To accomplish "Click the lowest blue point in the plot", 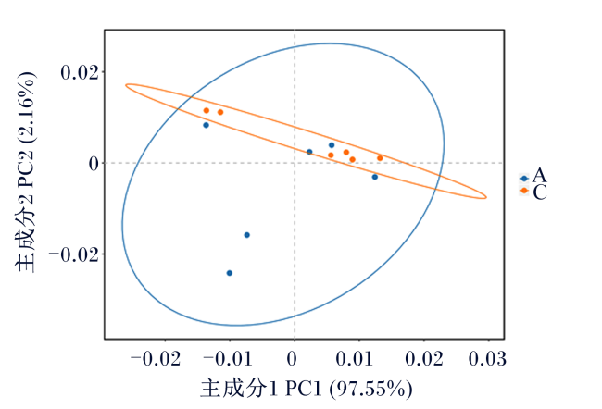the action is (x=230, y=273).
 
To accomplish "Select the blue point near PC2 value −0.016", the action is (x=247, y=235).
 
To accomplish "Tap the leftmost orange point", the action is (x=207, y=110).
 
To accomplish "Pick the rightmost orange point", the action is (x=380, y=158).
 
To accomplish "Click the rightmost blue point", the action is (x=375, y=177).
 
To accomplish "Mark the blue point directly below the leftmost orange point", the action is (x=207, y=125).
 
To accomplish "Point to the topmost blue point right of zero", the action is (x=332, y=145).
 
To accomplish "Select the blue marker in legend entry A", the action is (x=524, y=179).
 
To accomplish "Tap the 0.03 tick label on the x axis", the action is (x=487, y=359).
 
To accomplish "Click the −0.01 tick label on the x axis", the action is (x=227, y=359).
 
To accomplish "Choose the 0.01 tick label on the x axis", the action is (x=355, y=359).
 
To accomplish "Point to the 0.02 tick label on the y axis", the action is (x=80, y=72).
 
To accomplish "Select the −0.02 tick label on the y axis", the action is (x=73, y=254).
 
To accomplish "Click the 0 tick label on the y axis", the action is (x=94, y=164).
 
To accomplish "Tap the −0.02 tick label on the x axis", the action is (x=156, y=359).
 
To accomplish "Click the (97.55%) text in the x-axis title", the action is (x=370, y=389).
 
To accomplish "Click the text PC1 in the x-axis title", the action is (x=303, y=389).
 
